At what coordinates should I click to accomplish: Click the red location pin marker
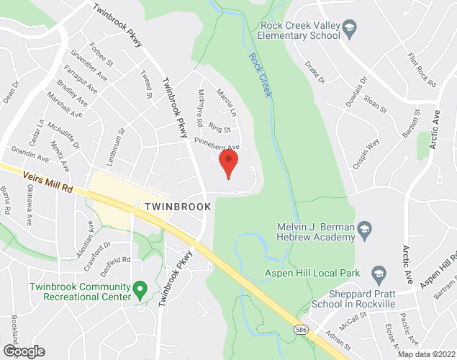pos(228,162)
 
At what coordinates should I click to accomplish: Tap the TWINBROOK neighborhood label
pos(177,207)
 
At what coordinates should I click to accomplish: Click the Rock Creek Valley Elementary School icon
pos(349,29)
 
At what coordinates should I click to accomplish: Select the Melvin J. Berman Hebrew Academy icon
pos(365,230)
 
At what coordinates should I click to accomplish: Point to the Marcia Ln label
pos(227,107)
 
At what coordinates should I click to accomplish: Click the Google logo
pos(24,351)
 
